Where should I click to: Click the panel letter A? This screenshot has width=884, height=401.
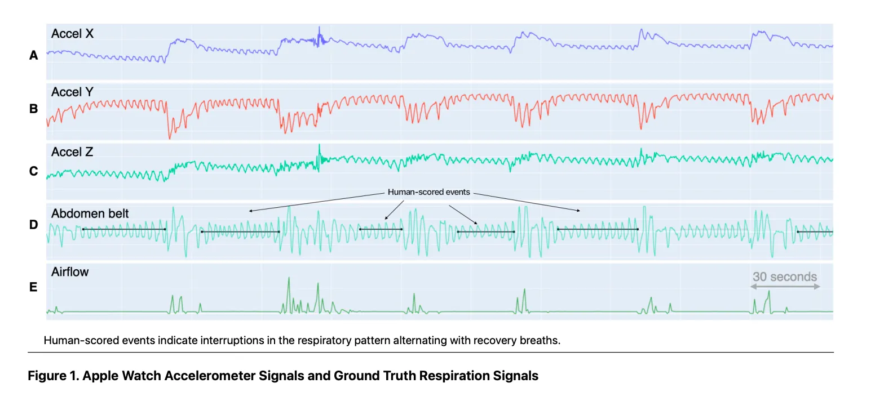(33, 55)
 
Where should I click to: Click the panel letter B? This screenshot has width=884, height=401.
(33, 109)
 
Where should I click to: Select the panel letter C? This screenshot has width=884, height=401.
(33, 171)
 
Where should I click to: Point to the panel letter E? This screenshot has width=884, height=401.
(33, 287)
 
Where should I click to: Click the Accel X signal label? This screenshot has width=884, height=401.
(72, 34)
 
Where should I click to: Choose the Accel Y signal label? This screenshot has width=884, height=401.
(72, 92)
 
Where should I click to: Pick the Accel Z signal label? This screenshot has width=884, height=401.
(72, 152)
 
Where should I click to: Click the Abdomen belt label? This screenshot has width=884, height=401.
(90, 213)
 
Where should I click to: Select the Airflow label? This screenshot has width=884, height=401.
(70, 272)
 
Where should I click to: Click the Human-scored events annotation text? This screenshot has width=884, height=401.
(428, 193)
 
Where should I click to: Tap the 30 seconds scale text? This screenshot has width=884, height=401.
(784, 277)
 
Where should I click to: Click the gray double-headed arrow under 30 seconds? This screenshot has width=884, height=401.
(784, 287)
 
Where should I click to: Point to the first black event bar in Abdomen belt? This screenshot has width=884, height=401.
(124, 229)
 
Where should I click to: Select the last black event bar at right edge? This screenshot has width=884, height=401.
(814, 231)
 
